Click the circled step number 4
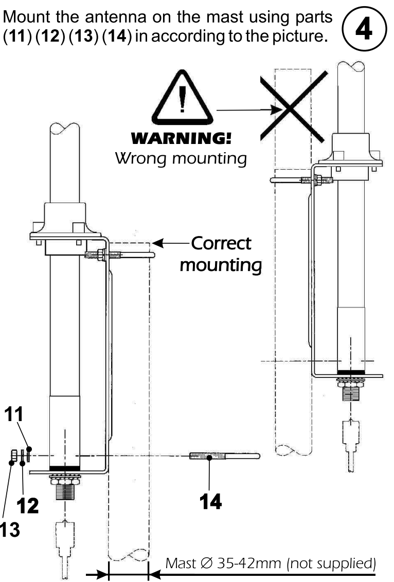tap(366, 28)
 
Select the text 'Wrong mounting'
tap(181, 158)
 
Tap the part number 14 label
tap(210, 501)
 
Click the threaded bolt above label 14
tap(224, 456)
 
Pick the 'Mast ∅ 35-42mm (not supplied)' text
tap(271, 563)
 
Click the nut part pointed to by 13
tap(14, 455)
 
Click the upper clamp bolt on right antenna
tap(303, 180)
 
